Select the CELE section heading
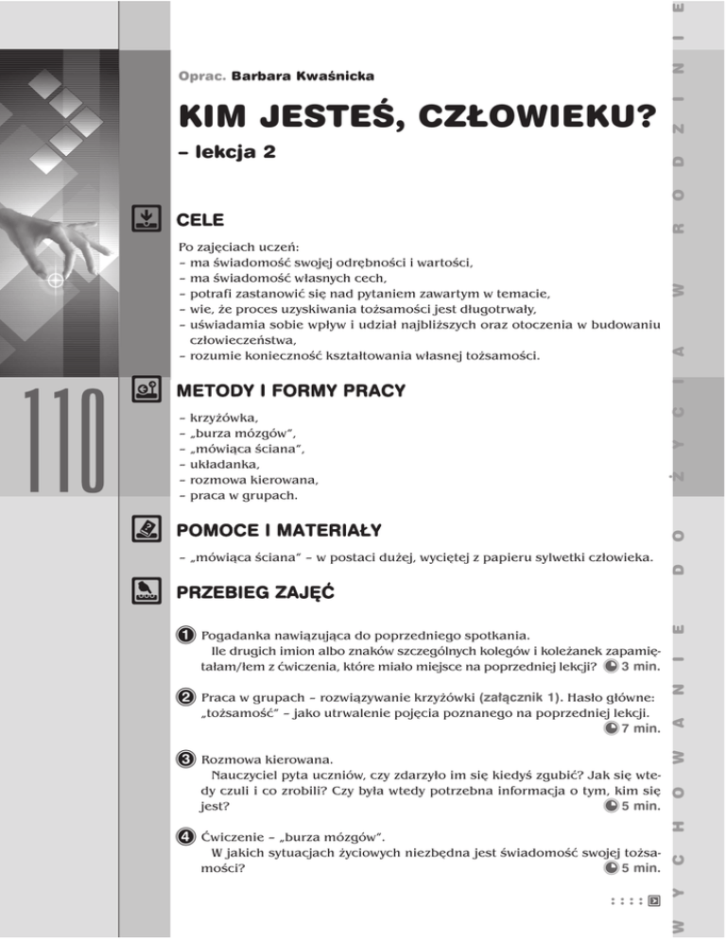click(200, 221)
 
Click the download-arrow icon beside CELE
click(145, 220)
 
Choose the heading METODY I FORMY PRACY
click(291, 389)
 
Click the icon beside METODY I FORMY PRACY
click(145, 389)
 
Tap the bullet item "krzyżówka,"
click(217, 417)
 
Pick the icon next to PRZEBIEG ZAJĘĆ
click(145, 592)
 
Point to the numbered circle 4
click(189, 836)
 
